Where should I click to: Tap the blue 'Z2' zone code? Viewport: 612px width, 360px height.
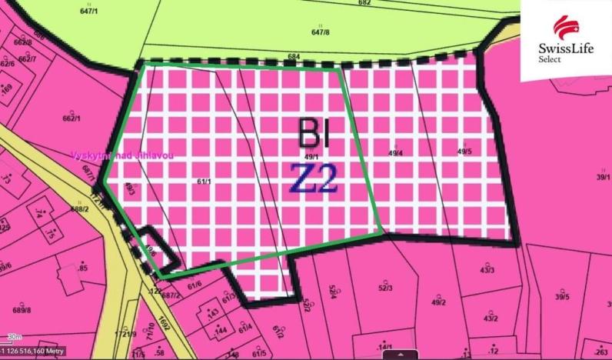point(314,179)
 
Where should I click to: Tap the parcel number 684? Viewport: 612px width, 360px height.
point(294,56)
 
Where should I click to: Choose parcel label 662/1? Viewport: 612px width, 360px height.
point(71,119)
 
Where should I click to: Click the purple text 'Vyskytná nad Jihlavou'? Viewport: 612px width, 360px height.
point(122,155)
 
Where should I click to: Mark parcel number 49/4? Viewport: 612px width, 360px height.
point(395,153)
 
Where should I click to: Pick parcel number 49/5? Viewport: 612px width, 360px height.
point(464,152)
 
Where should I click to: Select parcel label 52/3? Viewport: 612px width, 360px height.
point(385,288)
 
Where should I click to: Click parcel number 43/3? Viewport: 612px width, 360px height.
point(487,270)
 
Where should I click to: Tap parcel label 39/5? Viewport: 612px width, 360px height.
point(563,297)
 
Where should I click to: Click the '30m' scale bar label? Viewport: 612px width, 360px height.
point(14,337)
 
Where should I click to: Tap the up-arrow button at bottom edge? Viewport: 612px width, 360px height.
point(399,355)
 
